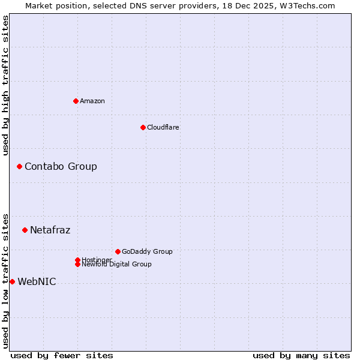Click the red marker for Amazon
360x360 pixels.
coord(76,101)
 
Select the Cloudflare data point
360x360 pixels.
coord(143,127)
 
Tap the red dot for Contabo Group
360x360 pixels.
coord(19,166)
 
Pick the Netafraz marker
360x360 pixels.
coord(25,230)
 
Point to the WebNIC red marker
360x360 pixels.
coord(12,281)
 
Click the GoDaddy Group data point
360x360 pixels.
coord(118,251)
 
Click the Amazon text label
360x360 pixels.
coord(92,101)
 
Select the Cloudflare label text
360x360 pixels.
coord(163,127)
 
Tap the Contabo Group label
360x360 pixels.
coord(61,166)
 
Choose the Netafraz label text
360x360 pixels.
coord(50,230)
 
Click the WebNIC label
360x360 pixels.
coord(37,281)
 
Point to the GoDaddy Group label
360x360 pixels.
coord(147,251)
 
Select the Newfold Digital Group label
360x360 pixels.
coord(116,264)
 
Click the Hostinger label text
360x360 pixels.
coord(97,259)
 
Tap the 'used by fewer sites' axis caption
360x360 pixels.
coord(62,355)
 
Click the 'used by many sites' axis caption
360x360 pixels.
coord(301,355)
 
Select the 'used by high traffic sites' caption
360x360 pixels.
coord(5,85)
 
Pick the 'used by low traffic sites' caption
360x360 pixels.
coord(5,280)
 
